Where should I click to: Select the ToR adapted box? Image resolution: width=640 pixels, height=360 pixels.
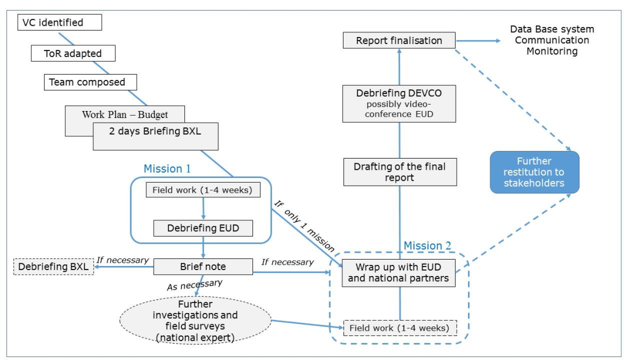tap(73, 53)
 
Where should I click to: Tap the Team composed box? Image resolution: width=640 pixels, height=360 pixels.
tap(91, 82)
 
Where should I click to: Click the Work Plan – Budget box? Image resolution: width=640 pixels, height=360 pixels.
tap(124, 114)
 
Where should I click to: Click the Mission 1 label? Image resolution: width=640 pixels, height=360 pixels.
tap(167, 169)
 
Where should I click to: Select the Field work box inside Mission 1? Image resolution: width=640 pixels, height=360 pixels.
tap(203, 190)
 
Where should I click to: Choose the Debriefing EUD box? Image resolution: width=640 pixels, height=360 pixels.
tap(203, 228)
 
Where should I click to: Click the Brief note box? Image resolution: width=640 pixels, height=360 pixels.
tap(203, 267)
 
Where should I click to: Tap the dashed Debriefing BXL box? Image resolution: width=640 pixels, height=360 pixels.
tap(53, 267)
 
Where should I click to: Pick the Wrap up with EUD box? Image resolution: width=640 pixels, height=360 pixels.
tap(399, 273)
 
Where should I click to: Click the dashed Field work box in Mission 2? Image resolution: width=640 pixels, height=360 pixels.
tap(400, 327)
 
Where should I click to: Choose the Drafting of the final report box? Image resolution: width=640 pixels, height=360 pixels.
tap(399, 172)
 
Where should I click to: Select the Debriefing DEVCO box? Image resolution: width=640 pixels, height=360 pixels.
tap(399, 103)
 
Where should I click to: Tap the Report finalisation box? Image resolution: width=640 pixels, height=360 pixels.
tap(399, 41)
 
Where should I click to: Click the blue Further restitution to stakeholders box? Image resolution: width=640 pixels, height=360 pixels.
tap(534, 172)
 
